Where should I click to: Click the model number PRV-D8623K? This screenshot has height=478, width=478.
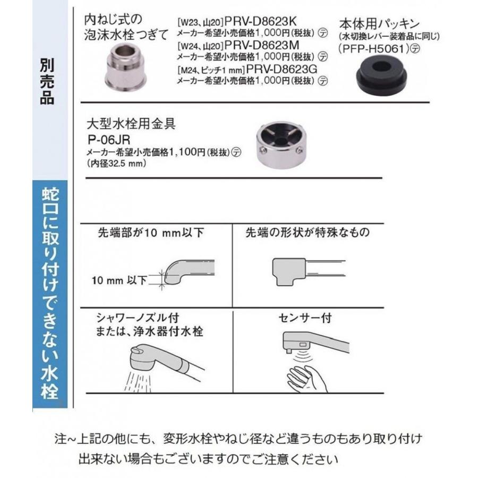(260, 21)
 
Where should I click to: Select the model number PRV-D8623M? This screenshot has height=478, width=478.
(262, 46)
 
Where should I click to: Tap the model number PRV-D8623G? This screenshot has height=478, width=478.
(281, 69)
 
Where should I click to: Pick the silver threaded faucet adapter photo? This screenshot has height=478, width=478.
(126, 67)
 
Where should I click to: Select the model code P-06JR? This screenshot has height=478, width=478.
(109, 140)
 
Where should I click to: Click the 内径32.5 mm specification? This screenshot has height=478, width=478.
(116, 164)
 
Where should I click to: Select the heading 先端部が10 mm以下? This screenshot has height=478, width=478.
(151, 233)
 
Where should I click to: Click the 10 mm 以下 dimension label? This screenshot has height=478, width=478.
(119, 280)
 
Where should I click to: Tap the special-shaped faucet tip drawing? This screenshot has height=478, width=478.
(308, 271)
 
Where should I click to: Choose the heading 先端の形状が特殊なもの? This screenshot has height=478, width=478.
(308, 233)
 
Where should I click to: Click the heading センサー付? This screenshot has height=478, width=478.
(305, 318)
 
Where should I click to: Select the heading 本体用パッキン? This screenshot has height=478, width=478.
(380, 23)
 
